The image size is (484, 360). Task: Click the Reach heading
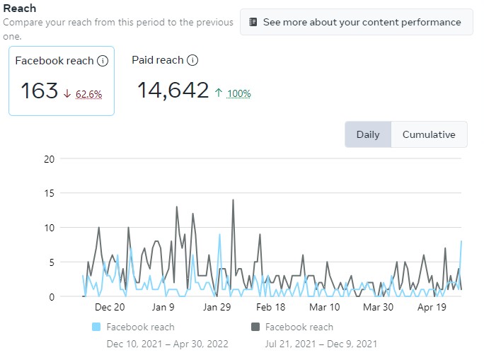[x=20, y=8]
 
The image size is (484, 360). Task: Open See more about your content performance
[x=356, y=22]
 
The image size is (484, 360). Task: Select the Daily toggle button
[x=368, y=134]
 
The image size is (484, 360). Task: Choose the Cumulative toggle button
[x=429, y=134]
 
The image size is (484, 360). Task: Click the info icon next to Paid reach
[x=192, y=60]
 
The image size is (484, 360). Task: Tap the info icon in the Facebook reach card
[x=103, y=61]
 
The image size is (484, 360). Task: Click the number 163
[x=39, y=91]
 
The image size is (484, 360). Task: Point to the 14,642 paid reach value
[x=173, y=91]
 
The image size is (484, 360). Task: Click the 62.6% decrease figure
[x=88, y=93]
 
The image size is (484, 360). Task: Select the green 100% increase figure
[x=238, y=93]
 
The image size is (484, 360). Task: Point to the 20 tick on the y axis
[x=49, y=158]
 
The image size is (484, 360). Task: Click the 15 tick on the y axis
[x=49, y=193]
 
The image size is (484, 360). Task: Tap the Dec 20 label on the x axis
[x=110, y=307]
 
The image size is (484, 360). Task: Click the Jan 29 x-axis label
[x=217, y=307]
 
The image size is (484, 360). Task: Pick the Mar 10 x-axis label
[x=324, y=307]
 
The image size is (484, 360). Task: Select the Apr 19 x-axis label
[x=431, y=307]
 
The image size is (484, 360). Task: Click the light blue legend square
[x=97, y=327]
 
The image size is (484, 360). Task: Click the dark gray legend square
[x=255, y=327]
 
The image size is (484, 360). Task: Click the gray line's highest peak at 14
[x=233, y=200]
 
